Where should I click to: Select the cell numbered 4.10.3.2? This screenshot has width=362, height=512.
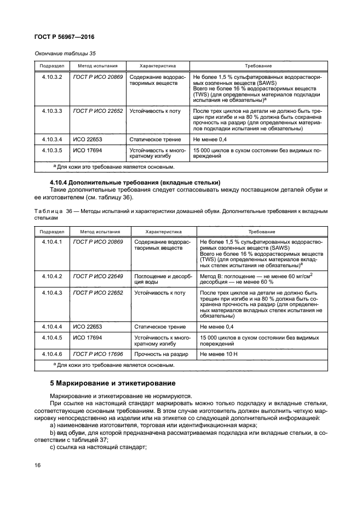click(x=53, y=78)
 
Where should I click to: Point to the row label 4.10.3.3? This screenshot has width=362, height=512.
click(x=53, y=111)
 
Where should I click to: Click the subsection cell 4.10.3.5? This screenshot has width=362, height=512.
click(x=53, y=149)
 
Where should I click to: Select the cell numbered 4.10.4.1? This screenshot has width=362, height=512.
click(x=53, y=241)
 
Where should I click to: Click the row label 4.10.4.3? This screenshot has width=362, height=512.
click(x=53, y=294)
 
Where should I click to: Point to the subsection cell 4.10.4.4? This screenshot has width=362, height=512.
click(x=53, y=327)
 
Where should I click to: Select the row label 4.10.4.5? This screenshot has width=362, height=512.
click(x=53, y=338)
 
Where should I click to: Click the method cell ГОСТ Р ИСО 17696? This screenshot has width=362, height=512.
click(x=98, y=355)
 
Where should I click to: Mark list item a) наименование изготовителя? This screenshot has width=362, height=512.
click(x=153, y=425)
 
